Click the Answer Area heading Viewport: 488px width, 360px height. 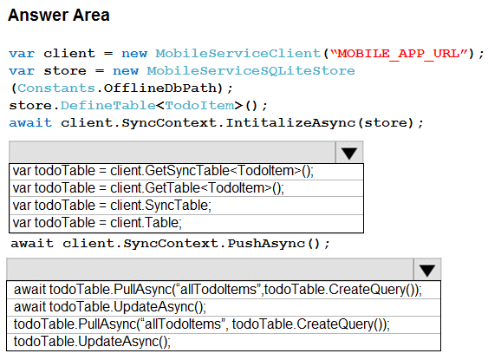59,15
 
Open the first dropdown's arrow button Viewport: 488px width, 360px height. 349,153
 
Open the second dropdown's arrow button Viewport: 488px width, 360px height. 427,270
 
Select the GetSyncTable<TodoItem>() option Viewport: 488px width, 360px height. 163,171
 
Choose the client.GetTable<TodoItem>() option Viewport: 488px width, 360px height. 148,188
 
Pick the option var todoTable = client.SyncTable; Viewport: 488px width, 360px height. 112,206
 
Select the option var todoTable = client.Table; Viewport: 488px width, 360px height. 97,223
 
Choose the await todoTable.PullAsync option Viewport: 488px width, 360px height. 218,290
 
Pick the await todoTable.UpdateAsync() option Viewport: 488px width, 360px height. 110,307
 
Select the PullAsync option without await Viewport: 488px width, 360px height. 202,324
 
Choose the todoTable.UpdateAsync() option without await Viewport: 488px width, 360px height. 92,342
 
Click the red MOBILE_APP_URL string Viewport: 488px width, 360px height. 399,54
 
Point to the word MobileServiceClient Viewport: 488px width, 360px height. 238,53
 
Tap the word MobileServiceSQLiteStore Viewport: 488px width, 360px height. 251,70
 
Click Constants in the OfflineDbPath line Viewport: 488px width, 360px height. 56,88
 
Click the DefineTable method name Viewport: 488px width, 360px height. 108,106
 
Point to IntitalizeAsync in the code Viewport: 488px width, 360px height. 290,123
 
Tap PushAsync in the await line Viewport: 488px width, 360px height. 266,244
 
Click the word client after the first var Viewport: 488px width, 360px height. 69,53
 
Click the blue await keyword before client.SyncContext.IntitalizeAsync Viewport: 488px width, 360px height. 30,122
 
